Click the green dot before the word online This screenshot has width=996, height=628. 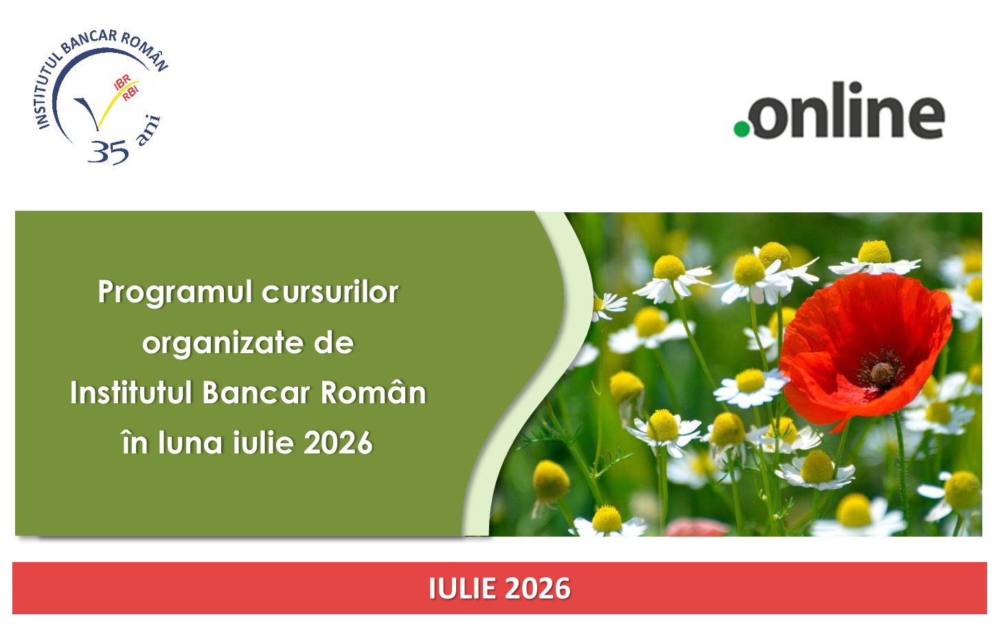click(x=742, y=129)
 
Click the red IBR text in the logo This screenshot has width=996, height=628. click(x=122, y=82)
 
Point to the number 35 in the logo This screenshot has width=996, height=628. click(x=109, y=152)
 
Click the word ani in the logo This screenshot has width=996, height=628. click(x=148, y=131)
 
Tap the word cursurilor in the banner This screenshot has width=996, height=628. click(x=330, y=292)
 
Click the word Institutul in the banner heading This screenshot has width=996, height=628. click(x=131, y=393)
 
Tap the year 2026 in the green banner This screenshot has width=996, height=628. click(x=338, y=443)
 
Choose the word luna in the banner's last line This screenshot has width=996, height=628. click(x=190, y=443)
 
